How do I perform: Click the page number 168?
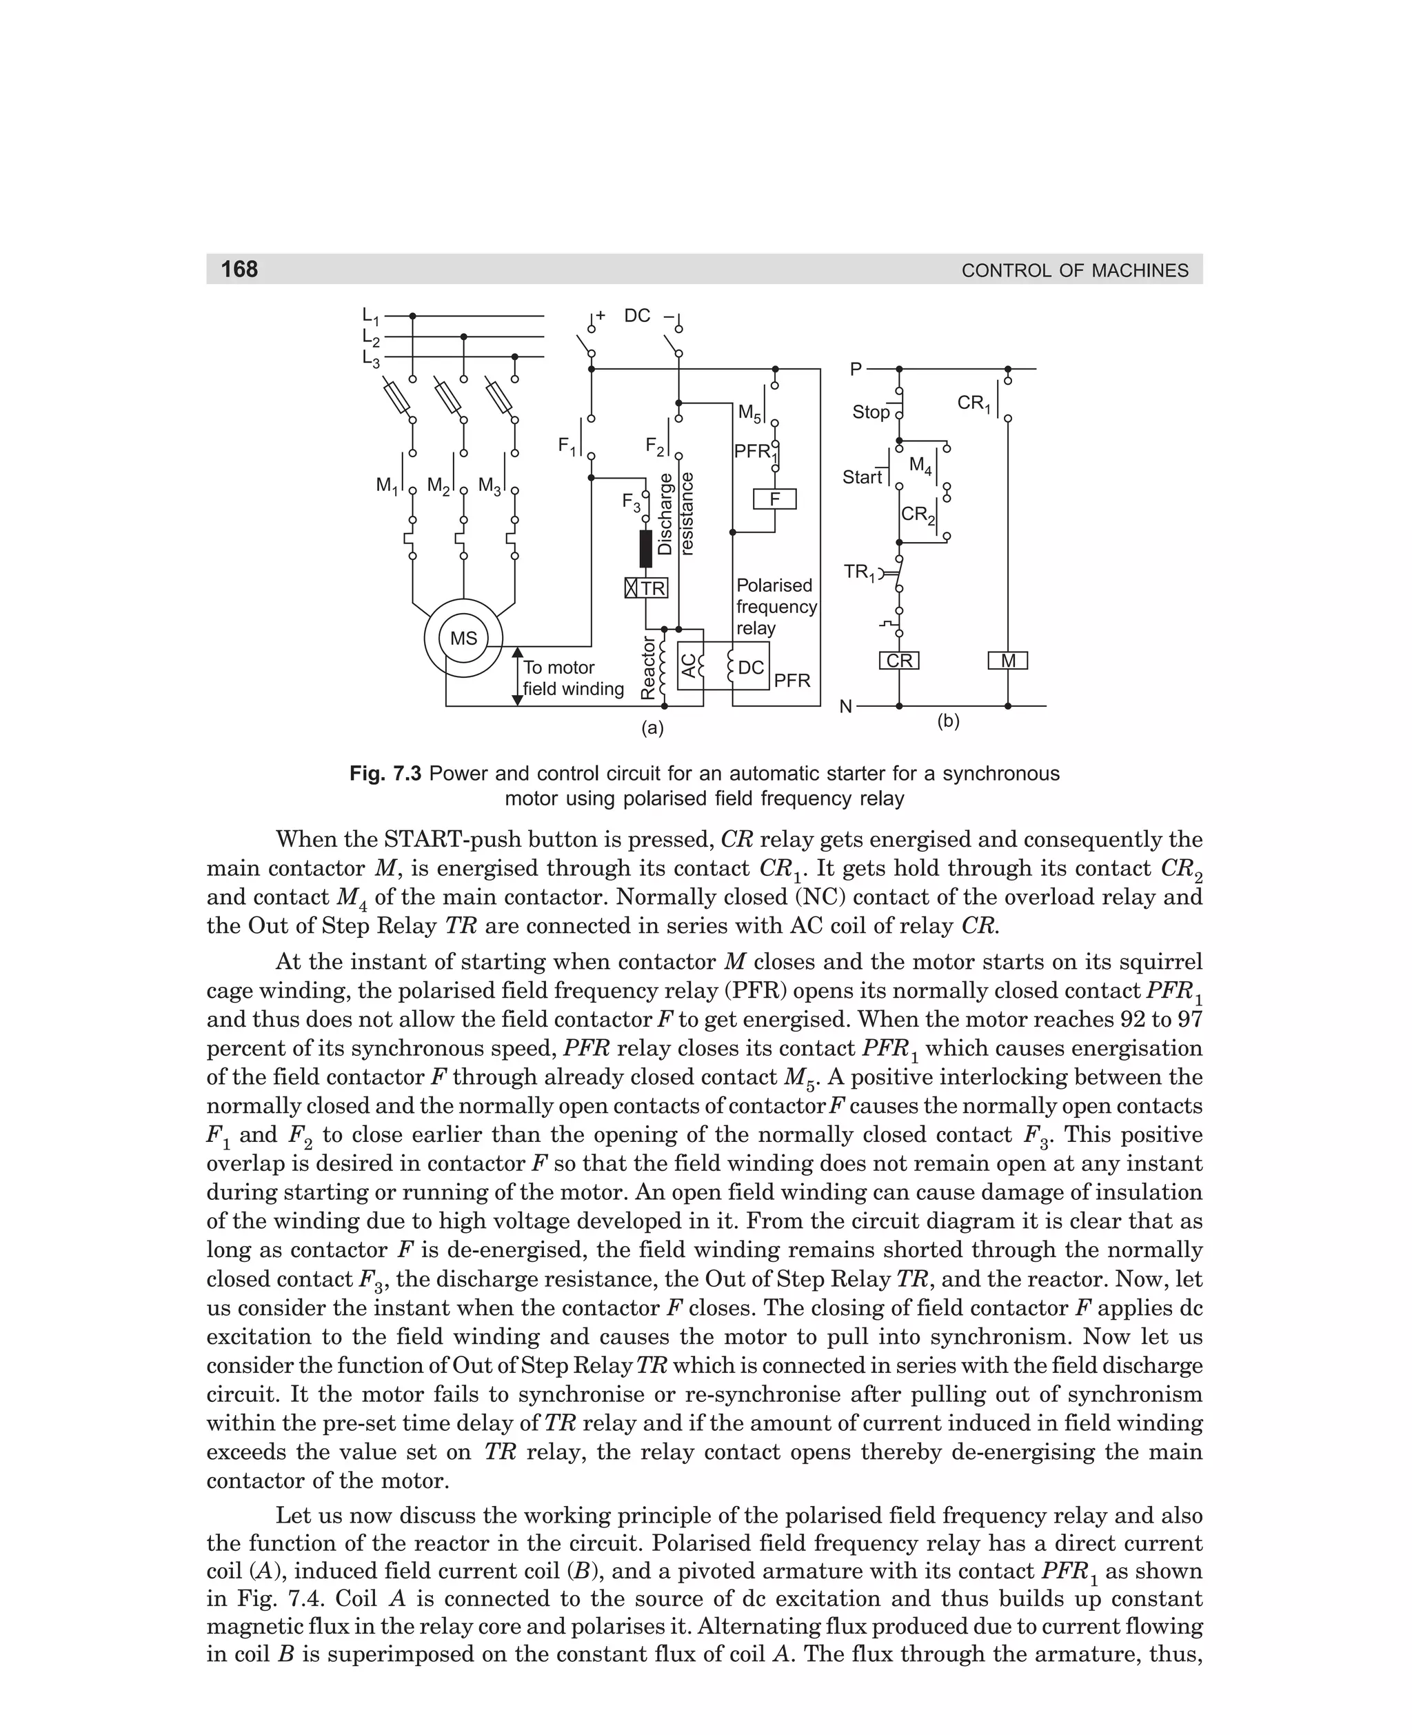(x=239, y=269)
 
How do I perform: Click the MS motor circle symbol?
(x=463, y=639)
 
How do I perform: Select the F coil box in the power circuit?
(x=774, y=499)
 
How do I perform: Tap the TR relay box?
(x=647, y=588)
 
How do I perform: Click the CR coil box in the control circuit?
(x=899, y=661)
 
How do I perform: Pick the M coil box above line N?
(x=1008, y=661)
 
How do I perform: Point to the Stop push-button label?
(x=870, y=412)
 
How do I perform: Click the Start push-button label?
(x=863, y=477)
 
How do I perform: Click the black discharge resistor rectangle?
(x=646, y=548)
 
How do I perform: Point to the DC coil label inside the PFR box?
(x=751, y=667)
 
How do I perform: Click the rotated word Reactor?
(x=648, y=667)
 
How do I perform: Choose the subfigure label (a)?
(x=652, y=728)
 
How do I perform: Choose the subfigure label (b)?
(x=949, y=721)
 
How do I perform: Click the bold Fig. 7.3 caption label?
(x=385, y=773)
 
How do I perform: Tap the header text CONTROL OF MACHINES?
(x=1074, y=270)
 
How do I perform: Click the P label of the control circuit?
(x=856, y=370)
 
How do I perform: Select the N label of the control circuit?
(x=846, y=707)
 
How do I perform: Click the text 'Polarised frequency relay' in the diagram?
(x=776, y=607)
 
